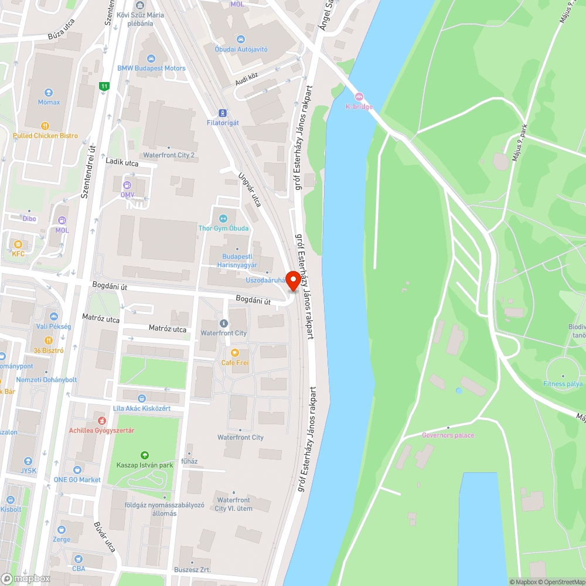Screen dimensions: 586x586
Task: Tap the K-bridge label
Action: [359, 107]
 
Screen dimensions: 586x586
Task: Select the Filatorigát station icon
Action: [223, 113]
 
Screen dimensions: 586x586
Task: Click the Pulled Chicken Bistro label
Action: [45, 136]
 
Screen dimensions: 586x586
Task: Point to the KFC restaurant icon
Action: [18, 244]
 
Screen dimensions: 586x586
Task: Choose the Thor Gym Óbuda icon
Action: [223, 219]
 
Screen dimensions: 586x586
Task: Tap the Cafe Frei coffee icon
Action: [234, 353]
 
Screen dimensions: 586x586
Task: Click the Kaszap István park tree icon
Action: [144, 455]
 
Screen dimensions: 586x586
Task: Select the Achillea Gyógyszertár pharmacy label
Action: [101, 431]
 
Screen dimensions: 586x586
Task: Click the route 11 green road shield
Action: [104, 86]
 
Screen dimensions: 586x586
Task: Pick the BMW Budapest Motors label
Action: [151, 68]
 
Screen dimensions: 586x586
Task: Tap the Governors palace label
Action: [448, 435]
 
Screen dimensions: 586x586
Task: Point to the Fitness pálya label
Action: [563, 384]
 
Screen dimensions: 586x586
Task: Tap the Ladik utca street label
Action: [122, 162]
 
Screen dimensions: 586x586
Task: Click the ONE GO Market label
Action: [77, 479]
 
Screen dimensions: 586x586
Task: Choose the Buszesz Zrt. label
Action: [192, 570]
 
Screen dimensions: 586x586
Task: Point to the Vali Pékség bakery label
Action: [53, 326]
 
